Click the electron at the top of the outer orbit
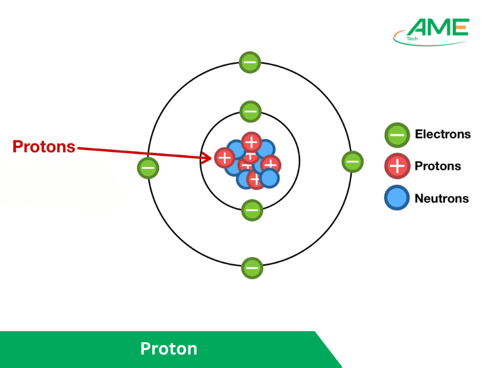[250, 62]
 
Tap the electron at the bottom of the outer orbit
[252, 268]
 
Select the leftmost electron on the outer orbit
[148, 167]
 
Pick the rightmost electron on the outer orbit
[352, 162]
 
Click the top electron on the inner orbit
[250, 112]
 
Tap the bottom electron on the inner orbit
[252, 210]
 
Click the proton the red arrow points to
[225, 158]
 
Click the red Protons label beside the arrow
[44, 147]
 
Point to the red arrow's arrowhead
[209, 158]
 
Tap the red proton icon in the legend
[397, 166]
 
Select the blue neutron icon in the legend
[397, 198]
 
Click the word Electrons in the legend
[443, 134]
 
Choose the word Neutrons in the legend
[441, 198]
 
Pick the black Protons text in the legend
[438, 166]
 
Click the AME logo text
[438, 27]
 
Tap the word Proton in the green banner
[169, 349]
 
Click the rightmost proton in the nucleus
[271, 164]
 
